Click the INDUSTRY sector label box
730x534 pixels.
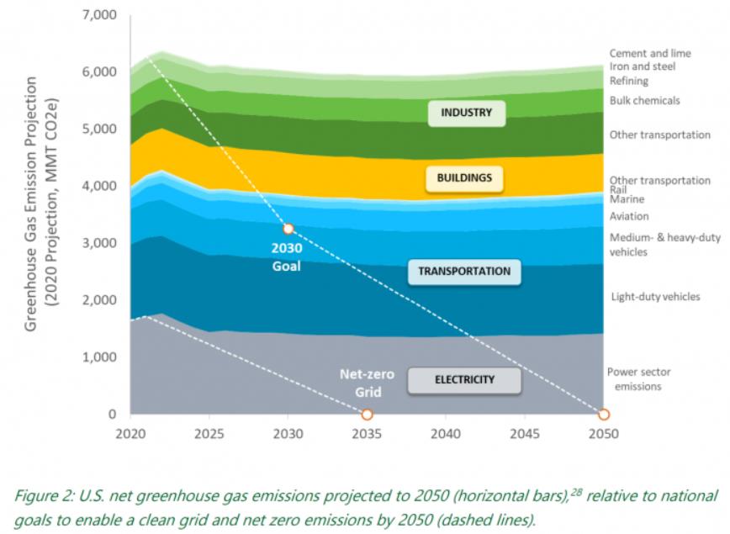click(466, 113)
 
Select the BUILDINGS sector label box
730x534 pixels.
click(464, 177)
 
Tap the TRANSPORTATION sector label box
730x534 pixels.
click(464, 272)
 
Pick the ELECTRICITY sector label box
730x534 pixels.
click(464, 380)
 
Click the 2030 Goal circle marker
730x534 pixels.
click(288, 229)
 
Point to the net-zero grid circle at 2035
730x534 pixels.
click(367, 415)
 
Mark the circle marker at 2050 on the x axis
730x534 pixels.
click(603, 415)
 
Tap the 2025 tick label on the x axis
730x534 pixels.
click(209, 435)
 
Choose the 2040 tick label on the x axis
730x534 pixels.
click(445, 435)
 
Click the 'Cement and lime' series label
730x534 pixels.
click(650, 53)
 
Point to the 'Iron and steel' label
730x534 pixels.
click(642, 66)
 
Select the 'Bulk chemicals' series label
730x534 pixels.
click(644, 101)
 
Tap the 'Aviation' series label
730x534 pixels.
click(628, 216)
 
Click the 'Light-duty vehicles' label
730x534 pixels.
click(655, 296)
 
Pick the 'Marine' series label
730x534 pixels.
click(627, 199)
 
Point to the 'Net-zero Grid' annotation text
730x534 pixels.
click(361, 383)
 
